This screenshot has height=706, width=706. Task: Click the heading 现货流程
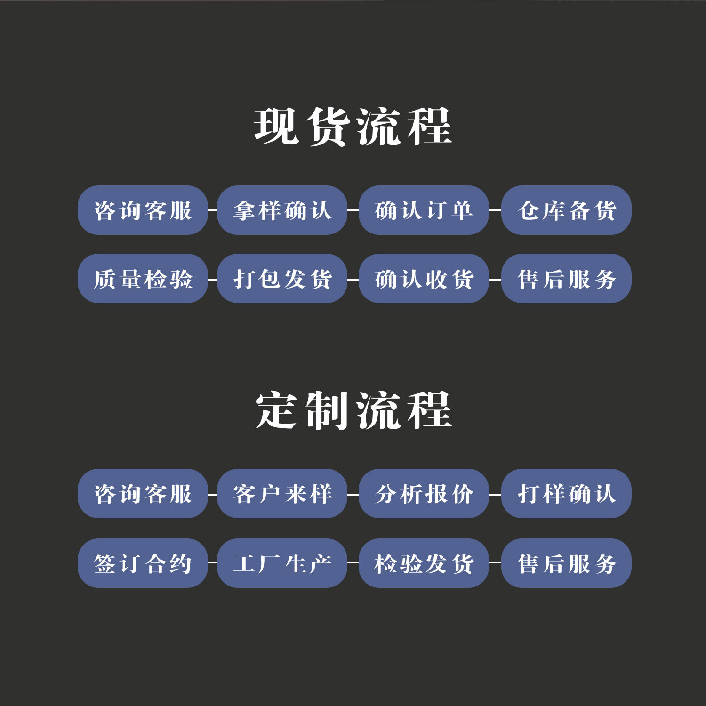(353, 127)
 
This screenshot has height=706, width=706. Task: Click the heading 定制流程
(353, 410)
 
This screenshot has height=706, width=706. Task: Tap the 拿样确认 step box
(282, 210)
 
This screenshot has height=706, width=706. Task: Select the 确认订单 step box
(424, 210)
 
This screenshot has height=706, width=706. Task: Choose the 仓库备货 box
(566, 210)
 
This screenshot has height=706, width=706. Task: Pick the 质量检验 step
(143, 279)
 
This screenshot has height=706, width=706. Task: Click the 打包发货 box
(282, 279)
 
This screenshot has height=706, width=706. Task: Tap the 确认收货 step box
(424, 279)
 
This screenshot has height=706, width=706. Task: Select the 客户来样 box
(282, 493)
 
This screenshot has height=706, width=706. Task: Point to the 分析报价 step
(424, 493)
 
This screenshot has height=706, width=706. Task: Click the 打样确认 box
(566, 493)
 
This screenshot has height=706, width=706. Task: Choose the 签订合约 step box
(143, 563)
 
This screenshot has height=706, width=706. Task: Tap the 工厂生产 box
(282, 563)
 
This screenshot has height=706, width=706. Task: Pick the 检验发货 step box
(424, 563)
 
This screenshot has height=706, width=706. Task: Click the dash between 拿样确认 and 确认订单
(353, 210)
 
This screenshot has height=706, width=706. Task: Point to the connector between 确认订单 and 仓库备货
(495, 210)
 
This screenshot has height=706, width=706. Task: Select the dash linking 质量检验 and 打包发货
(212, 280)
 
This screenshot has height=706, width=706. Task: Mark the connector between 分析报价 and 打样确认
(495, 495)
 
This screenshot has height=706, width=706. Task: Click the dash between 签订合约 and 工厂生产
(212, 562)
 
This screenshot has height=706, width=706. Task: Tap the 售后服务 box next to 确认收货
(566, 279)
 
